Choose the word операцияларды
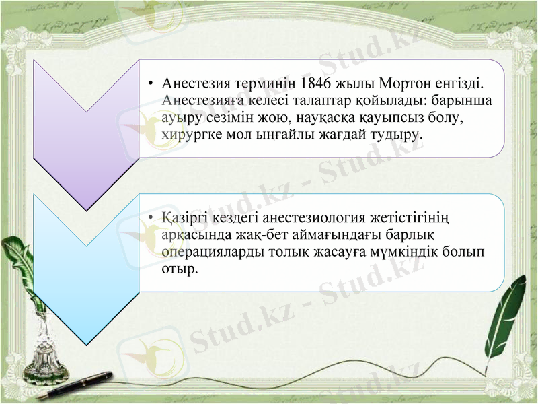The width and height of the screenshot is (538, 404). [207, 252]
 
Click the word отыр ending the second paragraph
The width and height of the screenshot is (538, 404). [180, 268]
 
